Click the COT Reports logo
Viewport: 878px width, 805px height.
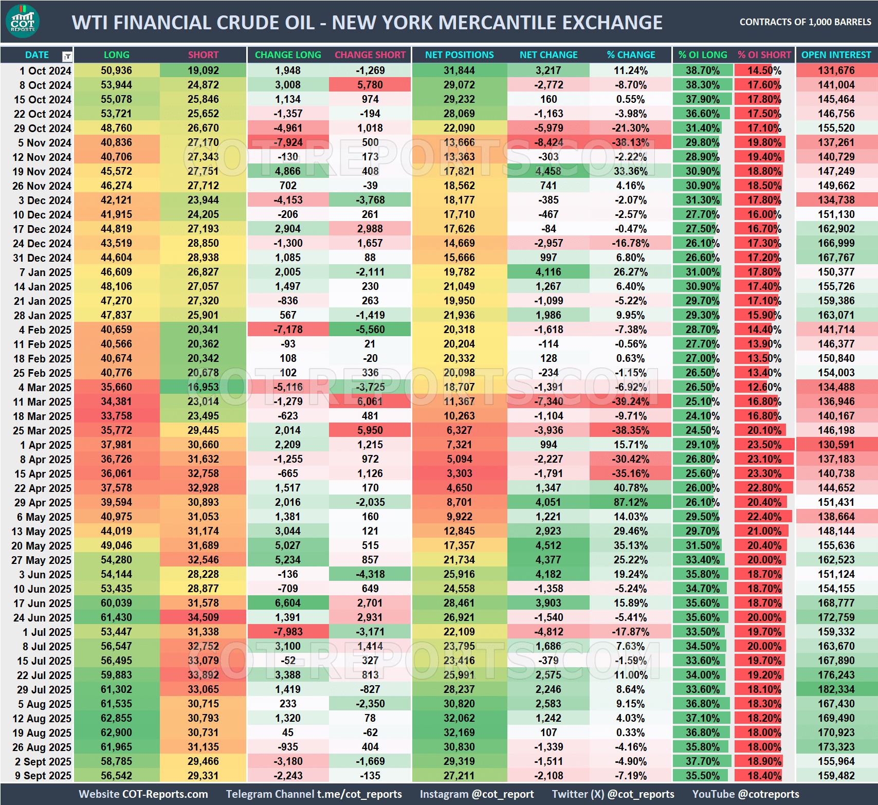[x=23, y=22]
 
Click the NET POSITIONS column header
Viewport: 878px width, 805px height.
[x=459, y=55]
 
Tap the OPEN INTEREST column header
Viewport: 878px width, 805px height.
[x=836, y=55]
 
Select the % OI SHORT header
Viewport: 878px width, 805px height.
[x=764, y=55]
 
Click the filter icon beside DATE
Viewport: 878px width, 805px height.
[x=67, y=56]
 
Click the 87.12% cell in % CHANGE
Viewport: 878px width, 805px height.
[x=631, y=503]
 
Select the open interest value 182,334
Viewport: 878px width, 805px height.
[x=836, y=690]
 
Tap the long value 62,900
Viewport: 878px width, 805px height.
[x=116, y=733]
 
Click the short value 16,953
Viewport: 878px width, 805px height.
[x=203, y=388]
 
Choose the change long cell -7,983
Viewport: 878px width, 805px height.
[x=288, y=632]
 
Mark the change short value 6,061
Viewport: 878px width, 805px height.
[x=370, y=402]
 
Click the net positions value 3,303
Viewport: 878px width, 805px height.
[x=459, y=474]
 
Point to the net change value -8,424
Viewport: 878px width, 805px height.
[x=548, y=143]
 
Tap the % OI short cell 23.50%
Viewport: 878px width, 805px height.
[x=764, y=445]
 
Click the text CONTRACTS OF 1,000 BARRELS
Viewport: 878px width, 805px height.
[x=805, y=22]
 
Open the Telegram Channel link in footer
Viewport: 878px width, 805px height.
[x=314, y=794]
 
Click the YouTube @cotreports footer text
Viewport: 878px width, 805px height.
[x=745, y=794]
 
